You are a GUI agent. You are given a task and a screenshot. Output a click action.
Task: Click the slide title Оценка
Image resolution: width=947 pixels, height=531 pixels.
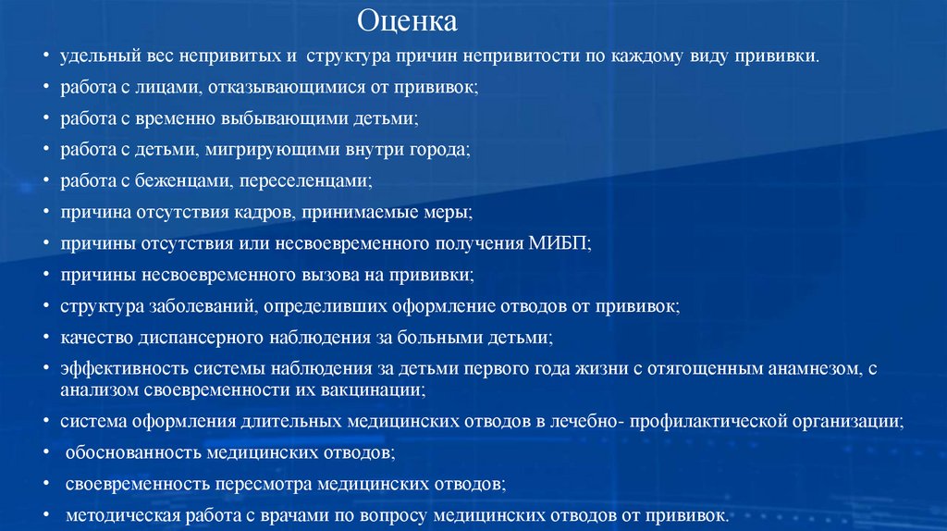coord(407,19)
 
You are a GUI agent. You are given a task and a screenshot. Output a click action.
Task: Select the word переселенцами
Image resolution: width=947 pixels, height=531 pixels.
coord(299,180)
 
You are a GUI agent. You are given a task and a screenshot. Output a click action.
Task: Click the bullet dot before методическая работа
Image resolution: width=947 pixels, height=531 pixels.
coord(46,515)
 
